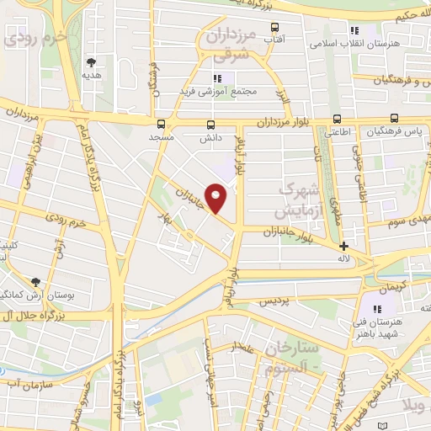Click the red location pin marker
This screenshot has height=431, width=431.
216,199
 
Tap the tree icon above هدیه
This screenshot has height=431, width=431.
91,61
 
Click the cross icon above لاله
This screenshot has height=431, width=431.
343,247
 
